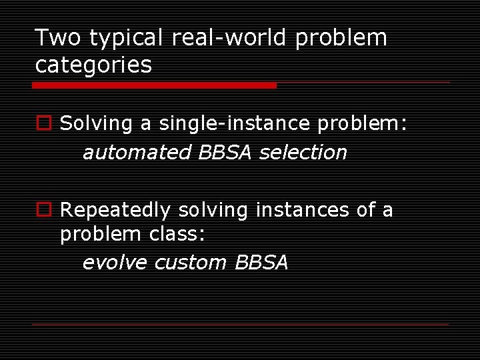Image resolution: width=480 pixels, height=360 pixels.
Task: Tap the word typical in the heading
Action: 125,39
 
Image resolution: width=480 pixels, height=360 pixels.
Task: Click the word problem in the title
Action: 341,39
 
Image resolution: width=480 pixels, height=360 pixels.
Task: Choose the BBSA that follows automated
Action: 225,152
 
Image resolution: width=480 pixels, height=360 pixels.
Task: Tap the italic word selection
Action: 303,153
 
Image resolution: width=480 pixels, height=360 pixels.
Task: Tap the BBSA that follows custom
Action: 262,262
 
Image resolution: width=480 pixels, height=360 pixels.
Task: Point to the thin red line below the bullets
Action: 240,325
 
